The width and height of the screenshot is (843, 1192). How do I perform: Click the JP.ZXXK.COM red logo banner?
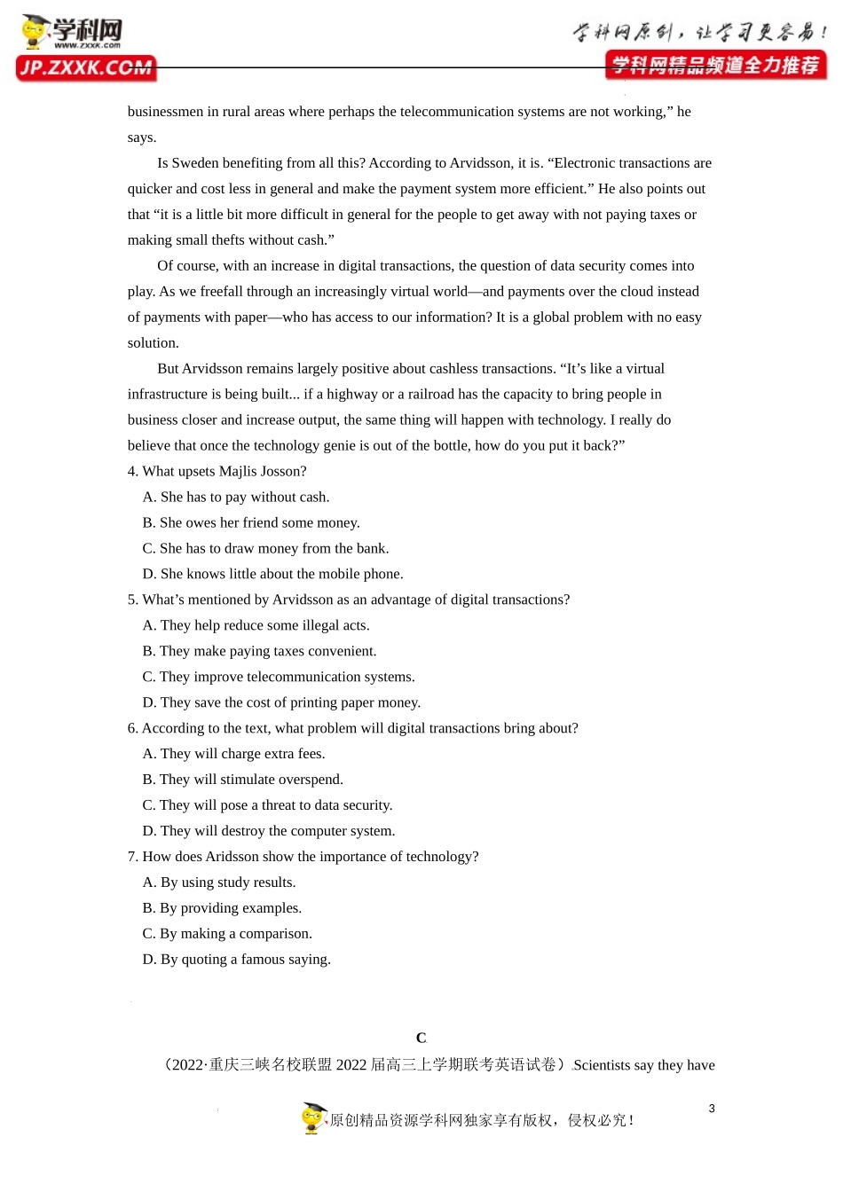86,68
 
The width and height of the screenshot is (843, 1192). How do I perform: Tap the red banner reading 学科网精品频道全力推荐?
715,65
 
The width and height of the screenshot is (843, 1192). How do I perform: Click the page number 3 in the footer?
712,1109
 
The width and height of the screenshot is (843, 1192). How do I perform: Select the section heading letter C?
421,1038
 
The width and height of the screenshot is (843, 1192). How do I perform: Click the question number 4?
132,472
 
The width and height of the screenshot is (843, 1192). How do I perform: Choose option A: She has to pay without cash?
236,498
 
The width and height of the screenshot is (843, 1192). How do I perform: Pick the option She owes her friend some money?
251,523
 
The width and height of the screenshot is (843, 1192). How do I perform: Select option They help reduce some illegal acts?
256,625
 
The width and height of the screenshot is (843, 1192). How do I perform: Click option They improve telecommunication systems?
279,677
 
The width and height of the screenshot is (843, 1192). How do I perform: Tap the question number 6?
132,728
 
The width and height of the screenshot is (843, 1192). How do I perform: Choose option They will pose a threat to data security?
267,805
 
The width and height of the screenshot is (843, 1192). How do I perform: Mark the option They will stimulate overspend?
242,780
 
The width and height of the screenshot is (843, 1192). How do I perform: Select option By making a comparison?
227,934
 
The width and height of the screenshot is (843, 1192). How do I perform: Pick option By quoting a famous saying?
236,960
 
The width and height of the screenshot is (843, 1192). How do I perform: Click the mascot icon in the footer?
314,1118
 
